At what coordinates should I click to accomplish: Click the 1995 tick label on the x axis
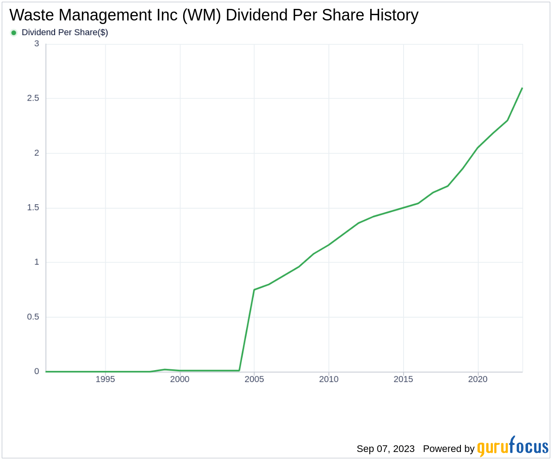click(105, 379)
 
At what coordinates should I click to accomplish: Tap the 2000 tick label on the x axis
click(180, 379)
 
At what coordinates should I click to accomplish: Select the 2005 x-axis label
click(254, 379)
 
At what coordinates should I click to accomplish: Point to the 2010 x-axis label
click(329, 379)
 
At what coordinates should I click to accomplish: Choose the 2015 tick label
click(403, 379)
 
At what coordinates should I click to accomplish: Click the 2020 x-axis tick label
click(478, 379)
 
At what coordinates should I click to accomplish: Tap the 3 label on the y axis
click(37, 44)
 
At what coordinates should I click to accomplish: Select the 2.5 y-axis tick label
click(33, 98)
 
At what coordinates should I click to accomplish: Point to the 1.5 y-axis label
click(33, 208)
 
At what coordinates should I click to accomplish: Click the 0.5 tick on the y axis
click(33, 317)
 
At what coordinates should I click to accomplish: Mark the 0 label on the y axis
click(37, 371)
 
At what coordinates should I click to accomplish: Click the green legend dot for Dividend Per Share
click(14, 32)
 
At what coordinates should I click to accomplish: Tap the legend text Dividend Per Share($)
click(65, 32)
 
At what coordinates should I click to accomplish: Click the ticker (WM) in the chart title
click(202, 15)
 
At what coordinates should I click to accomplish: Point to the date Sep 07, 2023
click(385, 448)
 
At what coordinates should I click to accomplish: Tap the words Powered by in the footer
click(448, 448)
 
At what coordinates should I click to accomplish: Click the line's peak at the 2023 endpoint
click(522, 88)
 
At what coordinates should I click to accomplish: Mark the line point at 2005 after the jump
click(254, 290)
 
